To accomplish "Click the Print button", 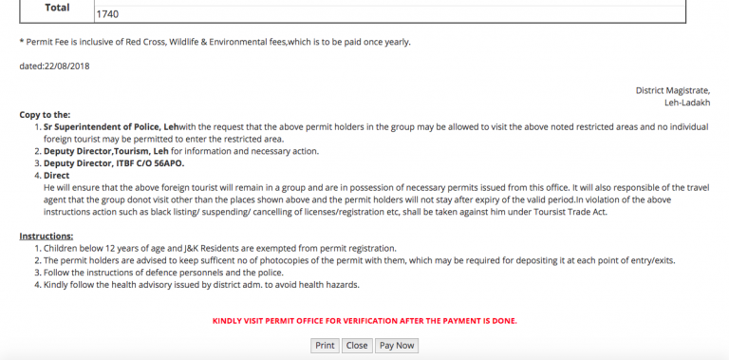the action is (325, 346).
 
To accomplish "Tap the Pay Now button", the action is (397, 346).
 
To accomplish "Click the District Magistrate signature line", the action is (673, 90).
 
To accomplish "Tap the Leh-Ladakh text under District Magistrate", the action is (687, 102).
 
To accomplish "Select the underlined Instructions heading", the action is (47, 236).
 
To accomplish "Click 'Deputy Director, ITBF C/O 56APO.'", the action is (114, 163).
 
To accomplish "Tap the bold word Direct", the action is (58, 176).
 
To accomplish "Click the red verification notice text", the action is (364, 321).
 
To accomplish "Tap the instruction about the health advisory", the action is (201, 285).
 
